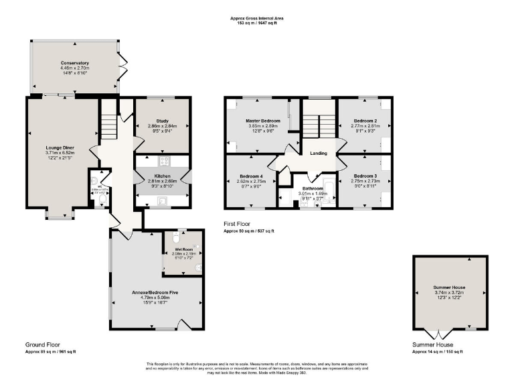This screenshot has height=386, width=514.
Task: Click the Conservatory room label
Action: pos(74,63)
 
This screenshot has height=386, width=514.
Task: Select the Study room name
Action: pos(161,121)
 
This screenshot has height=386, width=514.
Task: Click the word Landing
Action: pos(319,153)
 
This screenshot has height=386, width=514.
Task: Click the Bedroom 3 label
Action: pos(365,176)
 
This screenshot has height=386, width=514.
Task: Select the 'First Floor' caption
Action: pos(237,224)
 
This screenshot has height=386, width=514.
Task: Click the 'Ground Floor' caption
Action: pos(40,344)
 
